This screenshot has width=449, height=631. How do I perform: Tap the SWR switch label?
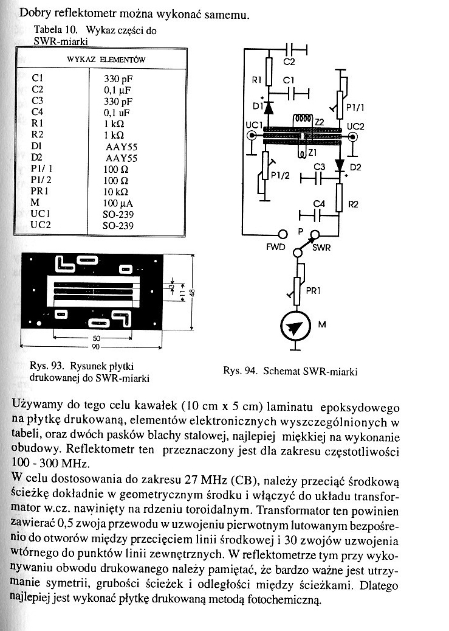321,248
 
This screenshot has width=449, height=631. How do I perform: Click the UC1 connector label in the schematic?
253,125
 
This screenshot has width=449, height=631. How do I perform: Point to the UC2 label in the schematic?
355,127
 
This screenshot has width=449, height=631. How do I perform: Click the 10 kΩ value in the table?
115,192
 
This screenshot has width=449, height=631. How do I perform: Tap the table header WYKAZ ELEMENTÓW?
101,59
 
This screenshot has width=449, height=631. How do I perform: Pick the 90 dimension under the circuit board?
96,347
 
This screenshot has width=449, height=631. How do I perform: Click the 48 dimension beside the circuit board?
192,293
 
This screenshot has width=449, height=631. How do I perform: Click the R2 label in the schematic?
352,204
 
